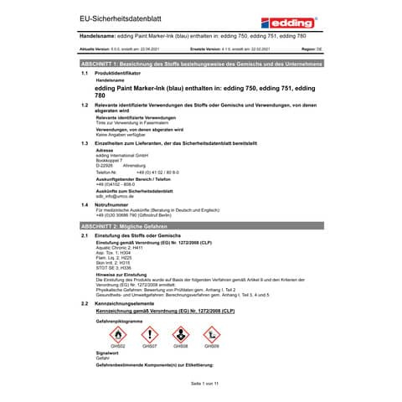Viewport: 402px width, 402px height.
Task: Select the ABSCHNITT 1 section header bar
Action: tap(200, 64)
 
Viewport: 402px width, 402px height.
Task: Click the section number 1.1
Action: tap(85, 73)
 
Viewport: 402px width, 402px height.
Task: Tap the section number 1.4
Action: tap(85, 204)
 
